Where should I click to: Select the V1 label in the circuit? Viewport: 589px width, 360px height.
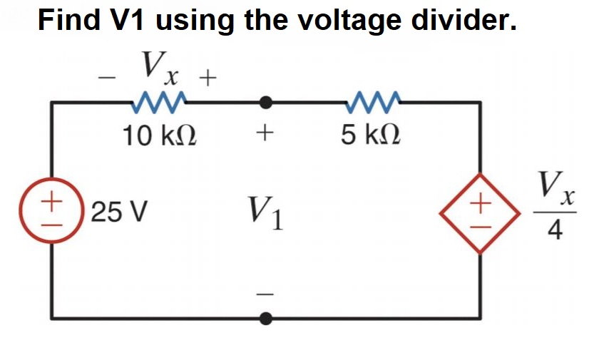tap(266, 212)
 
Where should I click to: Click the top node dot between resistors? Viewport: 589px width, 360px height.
tap(266, 103)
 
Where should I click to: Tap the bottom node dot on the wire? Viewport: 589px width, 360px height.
tap(266, 318)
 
